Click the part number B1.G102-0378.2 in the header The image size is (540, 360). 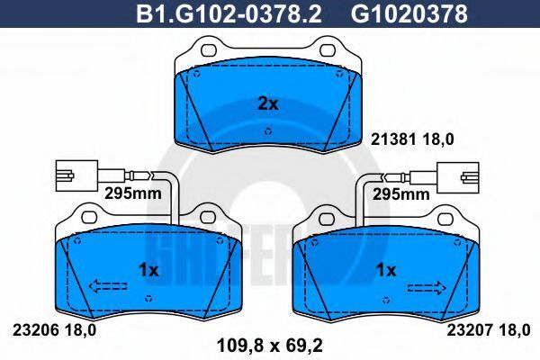tap(229, 14)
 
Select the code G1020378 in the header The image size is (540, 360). tap(409, 14)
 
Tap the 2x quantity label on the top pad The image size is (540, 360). tap(268, 103)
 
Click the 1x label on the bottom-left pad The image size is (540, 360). tap(148, 270)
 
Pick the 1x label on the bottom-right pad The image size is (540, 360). tap(386, 270)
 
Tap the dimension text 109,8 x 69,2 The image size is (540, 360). tap(270, 346)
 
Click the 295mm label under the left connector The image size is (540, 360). tap(133, 193)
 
